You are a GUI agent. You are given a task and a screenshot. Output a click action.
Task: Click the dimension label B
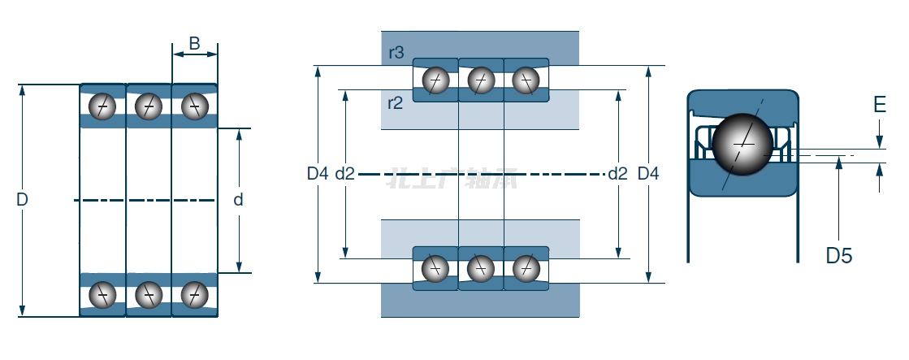point(194,43)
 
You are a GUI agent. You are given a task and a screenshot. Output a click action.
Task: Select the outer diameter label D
point(22,199)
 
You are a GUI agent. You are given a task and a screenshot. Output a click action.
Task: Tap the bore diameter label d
point(238,199)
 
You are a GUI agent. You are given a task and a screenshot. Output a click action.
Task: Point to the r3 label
point(396,54)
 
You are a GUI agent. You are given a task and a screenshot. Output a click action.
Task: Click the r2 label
point(396,102)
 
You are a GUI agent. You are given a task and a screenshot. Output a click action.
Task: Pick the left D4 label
point(318,173)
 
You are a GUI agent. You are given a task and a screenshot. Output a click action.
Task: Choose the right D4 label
point(648,173)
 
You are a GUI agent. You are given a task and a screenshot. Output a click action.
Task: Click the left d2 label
point(345,173)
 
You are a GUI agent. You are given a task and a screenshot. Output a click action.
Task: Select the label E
point(879,105)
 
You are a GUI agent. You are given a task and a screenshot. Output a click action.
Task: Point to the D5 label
point(839,256)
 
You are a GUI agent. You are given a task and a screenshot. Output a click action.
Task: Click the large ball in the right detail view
point(742,142)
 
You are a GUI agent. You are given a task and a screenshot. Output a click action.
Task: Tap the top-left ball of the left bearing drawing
point(103,106)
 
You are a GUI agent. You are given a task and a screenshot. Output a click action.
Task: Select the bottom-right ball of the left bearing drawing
point(194,293)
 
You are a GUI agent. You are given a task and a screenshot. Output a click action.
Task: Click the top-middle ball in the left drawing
point(149,106)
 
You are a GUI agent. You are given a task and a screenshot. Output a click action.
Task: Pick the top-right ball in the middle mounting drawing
point(526,80)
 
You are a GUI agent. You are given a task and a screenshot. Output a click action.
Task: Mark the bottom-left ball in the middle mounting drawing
point(435,267)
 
